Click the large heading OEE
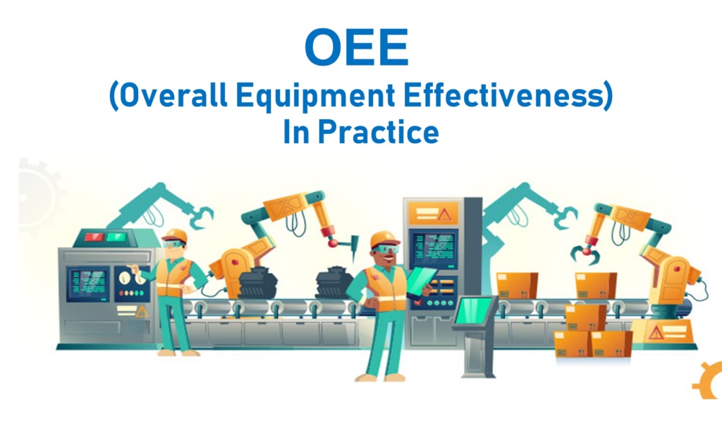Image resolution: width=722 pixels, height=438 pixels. (356, 47)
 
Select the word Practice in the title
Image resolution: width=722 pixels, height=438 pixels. (378, 132)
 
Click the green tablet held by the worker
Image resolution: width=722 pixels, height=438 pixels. (421, 280)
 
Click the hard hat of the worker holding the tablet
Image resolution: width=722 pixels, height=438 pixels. (384, 240)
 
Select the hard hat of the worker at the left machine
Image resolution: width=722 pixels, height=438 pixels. (175, 236)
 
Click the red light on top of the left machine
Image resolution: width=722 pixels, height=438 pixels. (94, 237)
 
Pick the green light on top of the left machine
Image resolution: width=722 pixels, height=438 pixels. (116, 237)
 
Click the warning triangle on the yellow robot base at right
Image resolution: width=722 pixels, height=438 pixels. (656, 332)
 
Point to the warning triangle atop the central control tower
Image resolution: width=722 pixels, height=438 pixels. (444, 214)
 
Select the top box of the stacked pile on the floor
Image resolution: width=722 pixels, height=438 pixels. (585, 317)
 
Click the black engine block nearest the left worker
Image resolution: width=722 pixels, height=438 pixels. (258, 282)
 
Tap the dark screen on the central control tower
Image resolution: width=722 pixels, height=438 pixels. (434, 248)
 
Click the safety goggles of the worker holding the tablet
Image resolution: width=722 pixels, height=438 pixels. (386, 249)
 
